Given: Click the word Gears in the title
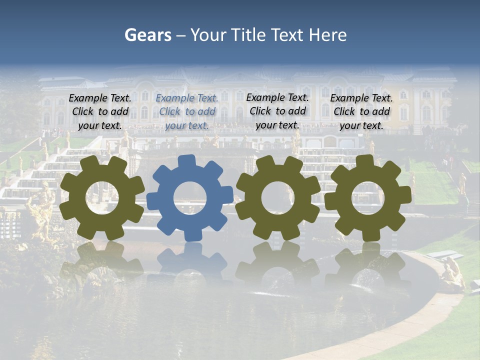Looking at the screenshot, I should tap(147, 35).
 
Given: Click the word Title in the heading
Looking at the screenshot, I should tap(250, 35).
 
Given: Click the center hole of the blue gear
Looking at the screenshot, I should tap(190, 198).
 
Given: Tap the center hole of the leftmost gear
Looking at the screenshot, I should tap(102, 198).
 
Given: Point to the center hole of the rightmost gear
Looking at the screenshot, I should tap(368, 198).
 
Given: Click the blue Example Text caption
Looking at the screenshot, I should tap(187, 111).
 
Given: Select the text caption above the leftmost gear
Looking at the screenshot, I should tap(100, 111).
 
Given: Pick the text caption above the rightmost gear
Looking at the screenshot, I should tap(361, 111).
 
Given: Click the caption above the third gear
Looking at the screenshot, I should tap(277, 111).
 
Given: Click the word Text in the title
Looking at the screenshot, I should tap(286, 35).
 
